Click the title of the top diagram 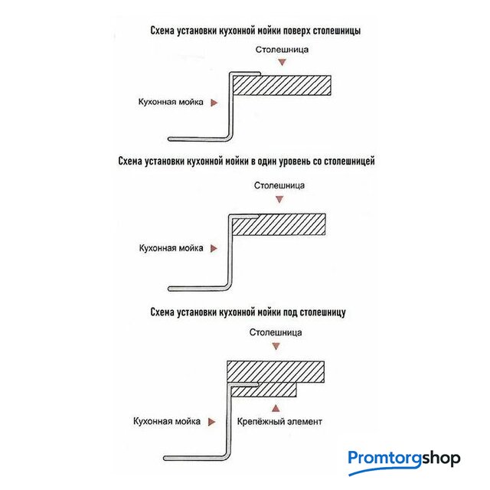(x=256, y=32)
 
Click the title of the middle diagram (x=247, y=162)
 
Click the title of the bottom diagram (x=249, y=312)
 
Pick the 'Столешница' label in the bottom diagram (x=276, y=333)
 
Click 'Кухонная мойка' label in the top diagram (x=171, y=102)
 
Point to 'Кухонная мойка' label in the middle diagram (x=171, y=248)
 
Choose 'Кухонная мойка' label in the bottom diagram (x=166, y=421)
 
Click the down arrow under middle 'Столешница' (x=280, y=199)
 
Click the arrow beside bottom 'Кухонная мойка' (x=216, y=421)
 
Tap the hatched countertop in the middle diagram (x=288, y=224)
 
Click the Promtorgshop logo (x=403, y=459)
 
